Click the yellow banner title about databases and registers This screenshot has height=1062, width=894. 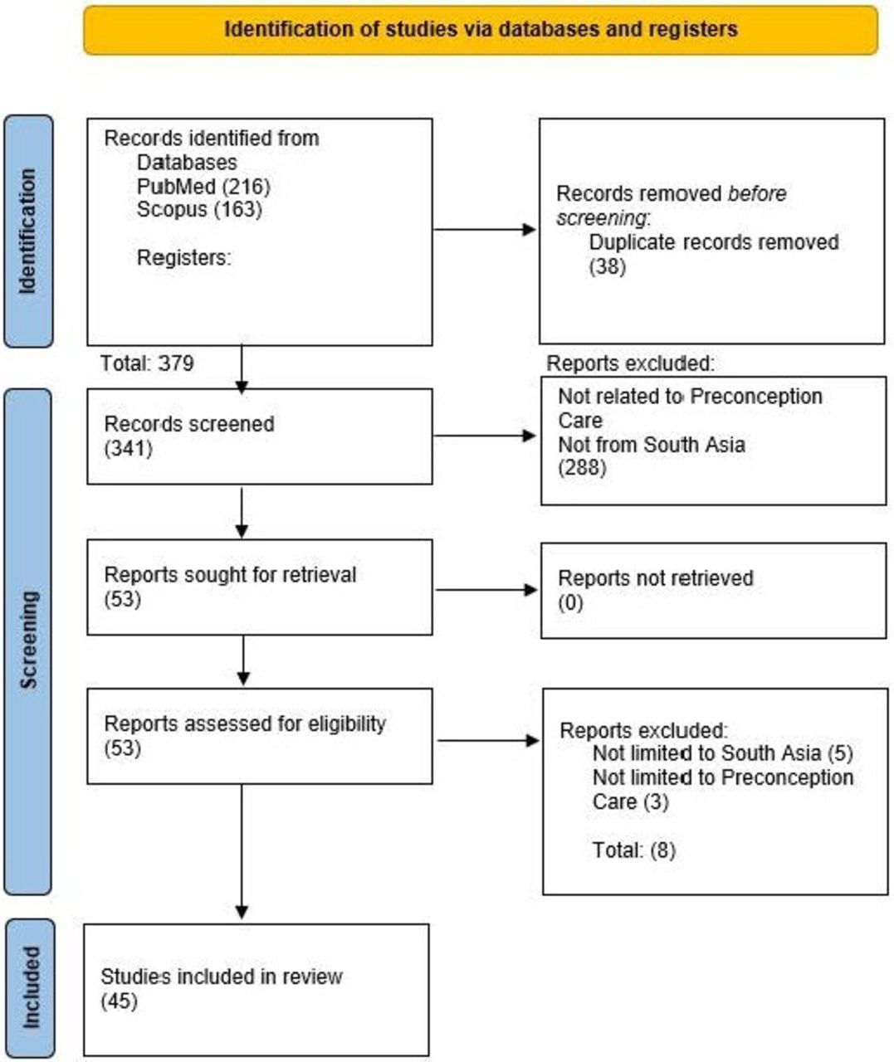(x=481, y=30)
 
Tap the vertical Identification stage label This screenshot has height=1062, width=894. (x=28, y=231)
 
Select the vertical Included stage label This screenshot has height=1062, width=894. (x=30, y=987)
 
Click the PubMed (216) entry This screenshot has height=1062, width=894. (x=203, y=186)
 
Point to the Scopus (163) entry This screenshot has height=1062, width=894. (x=199, y=209)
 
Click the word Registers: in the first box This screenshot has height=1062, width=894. (x=183, y=257)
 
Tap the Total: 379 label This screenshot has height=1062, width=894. (x=147, y=363)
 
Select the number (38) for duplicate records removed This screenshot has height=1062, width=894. (x=607, y=266)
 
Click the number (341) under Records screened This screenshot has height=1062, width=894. (x=128, y=449)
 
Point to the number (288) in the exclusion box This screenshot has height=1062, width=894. (x=582, y=468)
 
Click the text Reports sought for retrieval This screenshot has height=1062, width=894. (x=230, y=574)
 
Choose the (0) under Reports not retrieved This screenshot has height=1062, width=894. (x=570, y=602)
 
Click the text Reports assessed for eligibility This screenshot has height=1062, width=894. (x=245, y=723)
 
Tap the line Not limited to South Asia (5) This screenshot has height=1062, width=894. (x=722, y=753)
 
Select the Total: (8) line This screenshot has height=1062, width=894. (x=633, y=850)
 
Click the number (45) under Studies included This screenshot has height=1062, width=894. (x=119, y=1001)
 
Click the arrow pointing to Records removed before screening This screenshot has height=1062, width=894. (x=486, y=230)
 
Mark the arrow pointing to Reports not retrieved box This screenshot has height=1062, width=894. (x=487, y=590)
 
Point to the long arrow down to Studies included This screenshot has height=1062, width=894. (x=242, y=850)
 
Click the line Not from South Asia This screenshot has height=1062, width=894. (x=651, y=445)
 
